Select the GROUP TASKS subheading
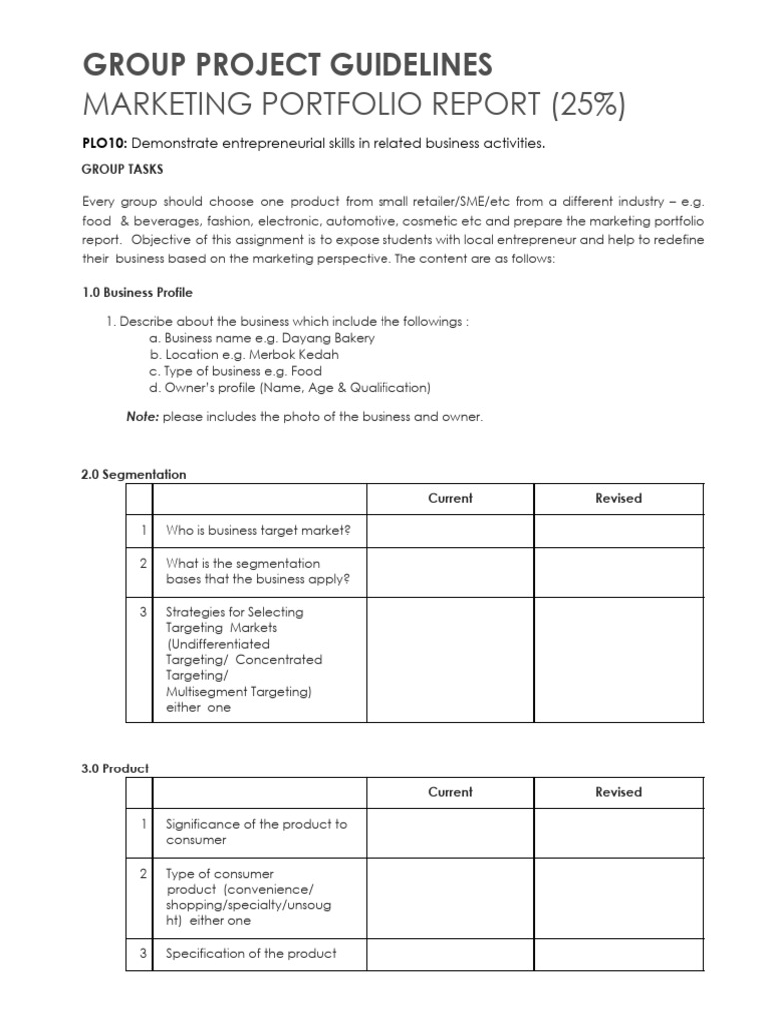[x=123, y=169]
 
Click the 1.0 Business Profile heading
[x=137, y=292]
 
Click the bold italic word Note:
[x=142, y=417]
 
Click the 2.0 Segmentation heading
[x=133, y=475]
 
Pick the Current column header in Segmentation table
[x=450, y=498]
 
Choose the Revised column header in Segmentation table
[x=618, y=498]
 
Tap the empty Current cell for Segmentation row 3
[x=450, y=659]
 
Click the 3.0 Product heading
[x=115, y=768]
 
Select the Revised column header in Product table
[x=618, y=792]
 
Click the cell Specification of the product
[x=251, y=953]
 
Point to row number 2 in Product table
[x=144, y=874]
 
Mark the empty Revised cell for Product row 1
[x=618, y=832]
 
